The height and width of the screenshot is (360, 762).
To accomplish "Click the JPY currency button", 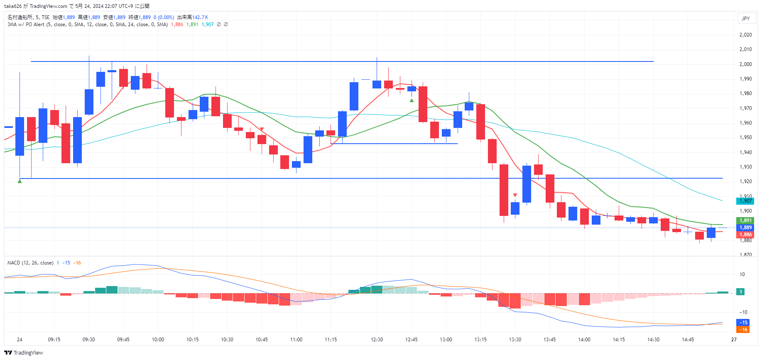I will pos(746,18).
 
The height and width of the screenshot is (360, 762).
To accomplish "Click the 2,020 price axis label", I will pos(746,35).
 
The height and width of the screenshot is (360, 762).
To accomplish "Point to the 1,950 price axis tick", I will pos(746,137).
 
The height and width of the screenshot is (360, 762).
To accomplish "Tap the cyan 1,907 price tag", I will pos(745,201).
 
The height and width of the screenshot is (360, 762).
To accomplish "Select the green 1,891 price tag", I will pos(745,220).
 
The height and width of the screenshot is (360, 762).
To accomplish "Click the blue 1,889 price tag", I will pos(745,228).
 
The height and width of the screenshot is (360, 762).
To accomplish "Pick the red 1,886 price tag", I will pos(745,235).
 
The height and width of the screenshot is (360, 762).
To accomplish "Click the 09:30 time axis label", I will pos(89,340).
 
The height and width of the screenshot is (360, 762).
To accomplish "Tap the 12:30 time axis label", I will pos(377,340).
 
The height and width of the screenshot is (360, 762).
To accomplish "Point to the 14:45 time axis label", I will pos(688,340).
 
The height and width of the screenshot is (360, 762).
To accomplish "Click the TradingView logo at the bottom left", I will pos(24,353).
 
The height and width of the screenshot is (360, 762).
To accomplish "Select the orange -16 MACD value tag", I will pos(743,330).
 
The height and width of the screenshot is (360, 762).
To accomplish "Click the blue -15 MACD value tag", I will pos(743,323).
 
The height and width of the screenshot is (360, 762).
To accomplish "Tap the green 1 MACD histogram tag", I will pos(741,292).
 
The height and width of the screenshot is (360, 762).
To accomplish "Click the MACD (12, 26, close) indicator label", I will pos(30,263).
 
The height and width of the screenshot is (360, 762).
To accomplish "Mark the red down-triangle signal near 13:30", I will pos(515,195).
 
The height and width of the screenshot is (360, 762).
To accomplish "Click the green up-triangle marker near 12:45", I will pos(412,100).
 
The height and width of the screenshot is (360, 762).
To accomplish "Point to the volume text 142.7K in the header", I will pos(200,17).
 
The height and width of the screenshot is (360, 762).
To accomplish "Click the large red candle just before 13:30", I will pos(504,190).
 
